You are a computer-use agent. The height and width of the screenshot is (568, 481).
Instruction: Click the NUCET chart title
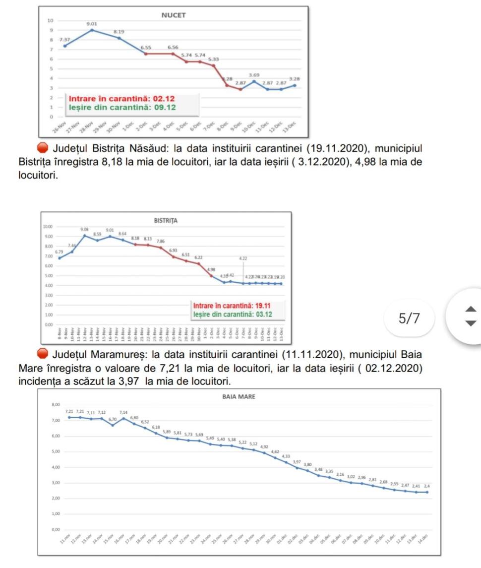(x=174, y=15)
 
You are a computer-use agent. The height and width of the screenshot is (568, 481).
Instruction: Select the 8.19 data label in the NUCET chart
(x=119, y=32)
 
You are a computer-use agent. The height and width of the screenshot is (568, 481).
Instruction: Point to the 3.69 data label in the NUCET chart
(x=254, y=74)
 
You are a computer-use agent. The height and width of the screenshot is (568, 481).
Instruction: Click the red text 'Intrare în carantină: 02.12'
(x=121, y=99)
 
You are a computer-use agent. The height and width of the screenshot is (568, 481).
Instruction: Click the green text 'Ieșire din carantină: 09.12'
(x=122, y=107)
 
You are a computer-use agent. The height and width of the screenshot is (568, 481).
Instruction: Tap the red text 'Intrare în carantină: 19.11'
(x=232, y=305)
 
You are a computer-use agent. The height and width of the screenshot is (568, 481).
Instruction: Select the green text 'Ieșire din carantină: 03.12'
(x=232, y=314)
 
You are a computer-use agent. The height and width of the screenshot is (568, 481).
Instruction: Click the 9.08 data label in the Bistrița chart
(x=85, y=229)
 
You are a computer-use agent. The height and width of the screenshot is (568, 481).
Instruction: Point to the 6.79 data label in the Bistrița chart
(x=59, y=252)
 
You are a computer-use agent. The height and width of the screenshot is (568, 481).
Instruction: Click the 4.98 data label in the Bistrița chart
(x=211, y=269)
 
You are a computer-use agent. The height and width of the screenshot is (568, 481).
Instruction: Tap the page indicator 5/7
(x=409, y=318)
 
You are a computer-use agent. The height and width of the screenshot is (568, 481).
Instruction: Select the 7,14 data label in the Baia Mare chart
(x=123, y=412)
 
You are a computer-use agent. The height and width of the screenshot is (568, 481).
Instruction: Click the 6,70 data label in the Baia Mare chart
(x=113, y=419)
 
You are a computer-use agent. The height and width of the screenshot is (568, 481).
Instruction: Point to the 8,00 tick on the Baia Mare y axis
(x=55, y=405)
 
